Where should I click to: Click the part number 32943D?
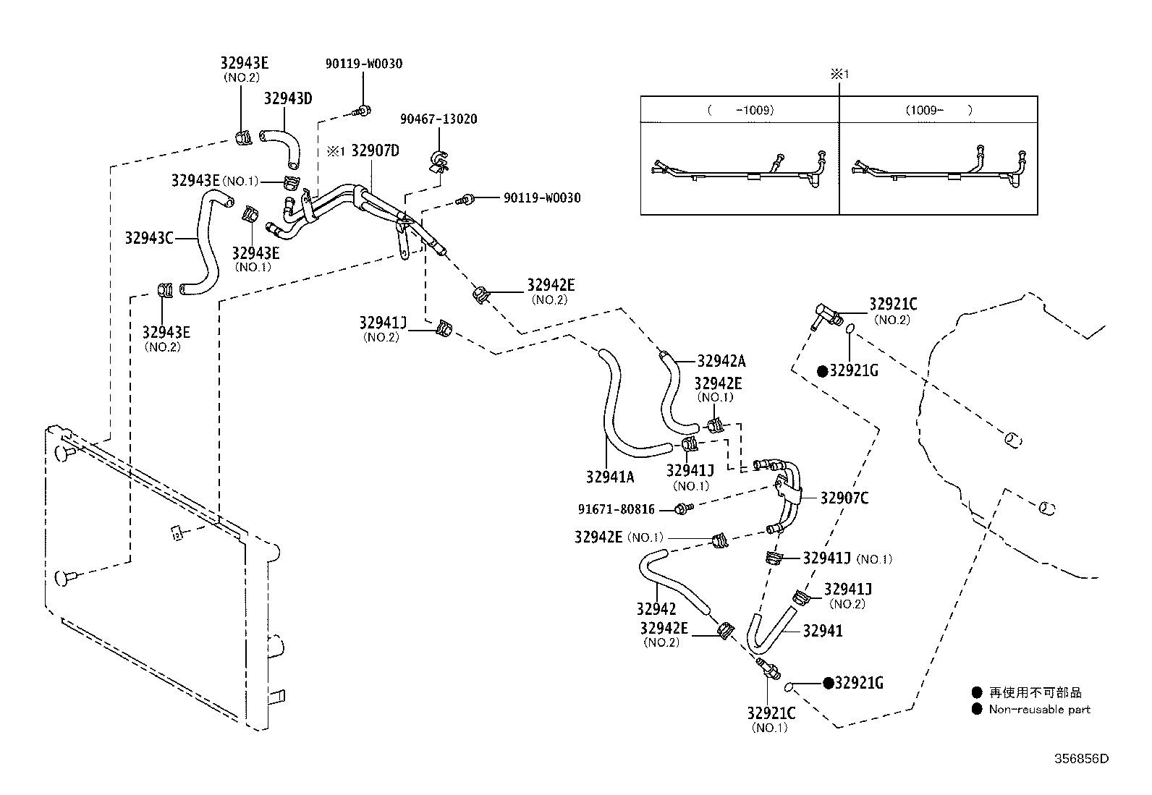pos(288,98)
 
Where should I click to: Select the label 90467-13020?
pos(439,119)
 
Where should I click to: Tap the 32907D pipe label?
pos(375,150)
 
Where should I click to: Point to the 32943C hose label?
pos(149,238)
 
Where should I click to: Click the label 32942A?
pos(721,362)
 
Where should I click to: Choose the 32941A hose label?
pos(610,477)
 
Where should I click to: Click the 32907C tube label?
pos(844,498)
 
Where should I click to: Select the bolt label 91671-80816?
pos(616,509)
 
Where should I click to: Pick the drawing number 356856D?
pos(1082,759)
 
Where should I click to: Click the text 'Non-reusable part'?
pos(1039,710)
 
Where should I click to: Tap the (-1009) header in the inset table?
pos(740,110)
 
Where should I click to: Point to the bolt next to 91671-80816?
pos(684,509)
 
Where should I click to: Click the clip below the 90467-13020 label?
pos(439,161)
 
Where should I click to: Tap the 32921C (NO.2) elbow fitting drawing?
pos(826,316)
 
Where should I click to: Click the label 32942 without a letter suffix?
pos(656,609)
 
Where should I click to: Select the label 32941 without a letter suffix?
pos(823,631)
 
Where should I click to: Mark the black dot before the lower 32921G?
pos(828,683)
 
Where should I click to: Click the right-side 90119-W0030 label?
pos(542,198)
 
